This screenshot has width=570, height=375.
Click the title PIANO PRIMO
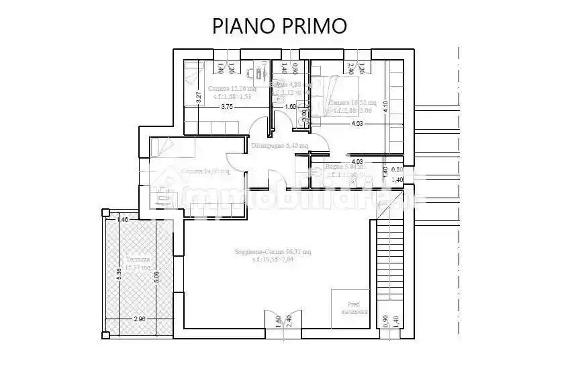[x=279, y=26]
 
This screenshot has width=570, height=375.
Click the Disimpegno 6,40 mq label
[x=279, y=145]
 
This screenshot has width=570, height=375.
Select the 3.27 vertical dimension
[x=199, y=96]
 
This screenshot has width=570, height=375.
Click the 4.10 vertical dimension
[x=386, y=106]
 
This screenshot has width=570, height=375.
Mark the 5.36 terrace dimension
[x=119, y=276]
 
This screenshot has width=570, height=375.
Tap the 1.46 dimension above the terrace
[x=122, y=220]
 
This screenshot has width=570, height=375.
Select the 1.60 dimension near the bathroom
[x=290, y=107]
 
